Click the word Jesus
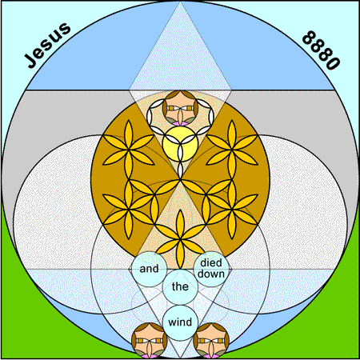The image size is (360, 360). tap(47, 45)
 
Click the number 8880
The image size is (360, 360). tap(321, 50)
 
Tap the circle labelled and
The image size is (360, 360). tap(149, 269)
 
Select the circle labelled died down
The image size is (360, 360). tap(211, 269)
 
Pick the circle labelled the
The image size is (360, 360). tap(180, 287)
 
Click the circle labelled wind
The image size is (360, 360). tap(180, 322)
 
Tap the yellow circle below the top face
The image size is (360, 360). tap(180, 144)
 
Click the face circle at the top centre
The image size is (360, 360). tap(180, 108)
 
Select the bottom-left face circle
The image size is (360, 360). tap(149, 341)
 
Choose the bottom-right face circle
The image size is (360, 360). tap(211, 341)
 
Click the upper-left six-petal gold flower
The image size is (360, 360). tap(129, 150)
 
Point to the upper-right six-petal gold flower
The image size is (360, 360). tap(232, 150)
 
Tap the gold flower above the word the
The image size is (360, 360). tap(180, 239)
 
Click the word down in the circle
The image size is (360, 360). tap(211, 274)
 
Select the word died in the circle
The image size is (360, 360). tap(211, 263)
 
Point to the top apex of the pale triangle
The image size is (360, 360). tap(180, 2)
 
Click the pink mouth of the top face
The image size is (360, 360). tap(180, 123)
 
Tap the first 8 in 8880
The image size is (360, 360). tap(309, 38)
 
